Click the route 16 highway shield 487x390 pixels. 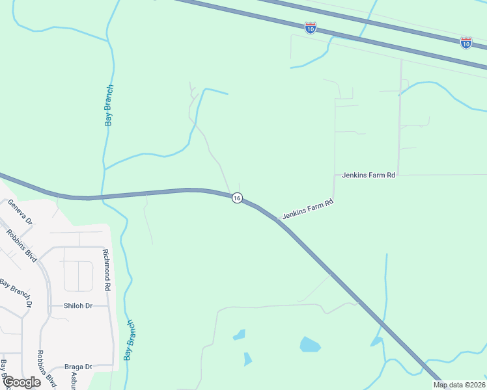[x=237, y=198]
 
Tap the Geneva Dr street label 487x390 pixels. [x=20, y=212]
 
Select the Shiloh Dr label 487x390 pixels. [x=78, y=305]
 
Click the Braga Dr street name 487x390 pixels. [x=78, y=367]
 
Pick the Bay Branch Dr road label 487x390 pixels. [x=16, y=293]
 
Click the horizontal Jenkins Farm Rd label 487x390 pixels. [x=369, y=175]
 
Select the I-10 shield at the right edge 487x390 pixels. [x=466, y=43]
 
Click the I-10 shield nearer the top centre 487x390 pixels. [x=311, y=28]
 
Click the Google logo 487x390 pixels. [x=21, y=382]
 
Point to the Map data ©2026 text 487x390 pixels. [x=460, y=385]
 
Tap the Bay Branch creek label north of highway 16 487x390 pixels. [x=109, y=105]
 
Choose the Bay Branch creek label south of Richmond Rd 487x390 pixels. [x=130, y=340]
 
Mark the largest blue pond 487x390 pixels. [x=310, y=344]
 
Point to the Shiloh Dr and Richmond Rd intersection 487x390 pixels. [x=109, y=305]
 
